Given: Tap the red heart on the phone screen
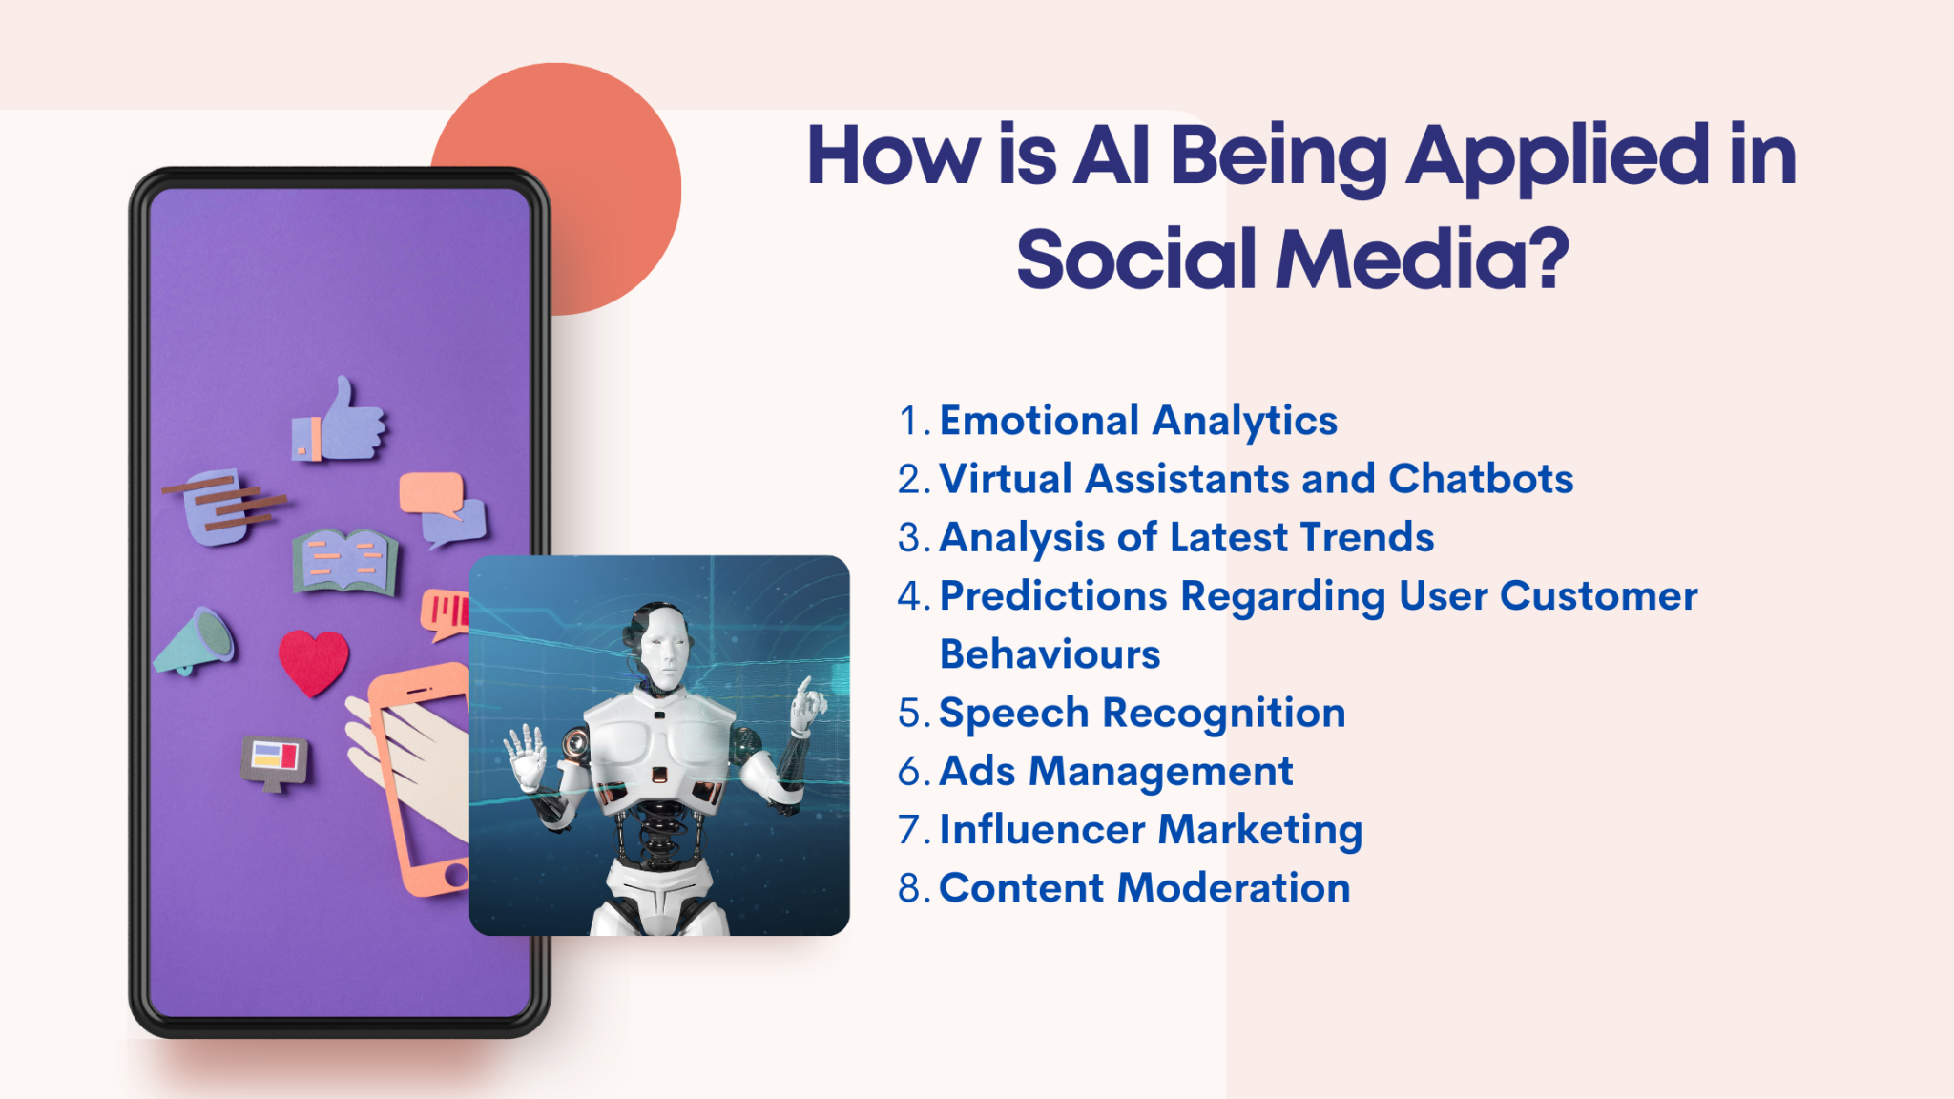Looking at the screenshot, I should click(x=313, y=661).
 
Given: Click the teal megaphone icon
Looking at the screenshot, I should click(x=197, y=640).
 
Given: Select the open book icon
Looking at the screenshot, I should click(x=344, y=561).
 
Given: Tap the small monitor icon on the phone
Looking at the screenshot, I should click(x=275, y=761).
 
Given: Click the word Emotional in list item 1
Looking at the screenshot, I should click(x=1039, y=421).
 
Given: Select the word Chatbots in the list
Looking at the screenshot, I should click(x=1481, y=479).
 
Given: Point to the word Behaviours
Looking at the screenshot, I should click(x=1050, y=654).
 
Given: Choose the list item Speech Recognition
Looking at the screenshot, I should click(x=1142, y=714).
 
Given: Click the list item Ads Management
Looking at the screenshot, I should click(x=1115, y=772).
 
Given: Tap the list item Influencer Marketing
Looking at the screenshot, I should click(x=1151, y=830).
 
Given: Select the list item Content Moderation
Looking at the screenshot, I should click(x=1144, y=888).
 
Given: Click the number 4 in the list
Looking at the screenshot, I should click(x=910, y=597).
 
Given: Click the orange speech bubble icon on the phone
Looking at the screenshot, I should click(x=432, y=492).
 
